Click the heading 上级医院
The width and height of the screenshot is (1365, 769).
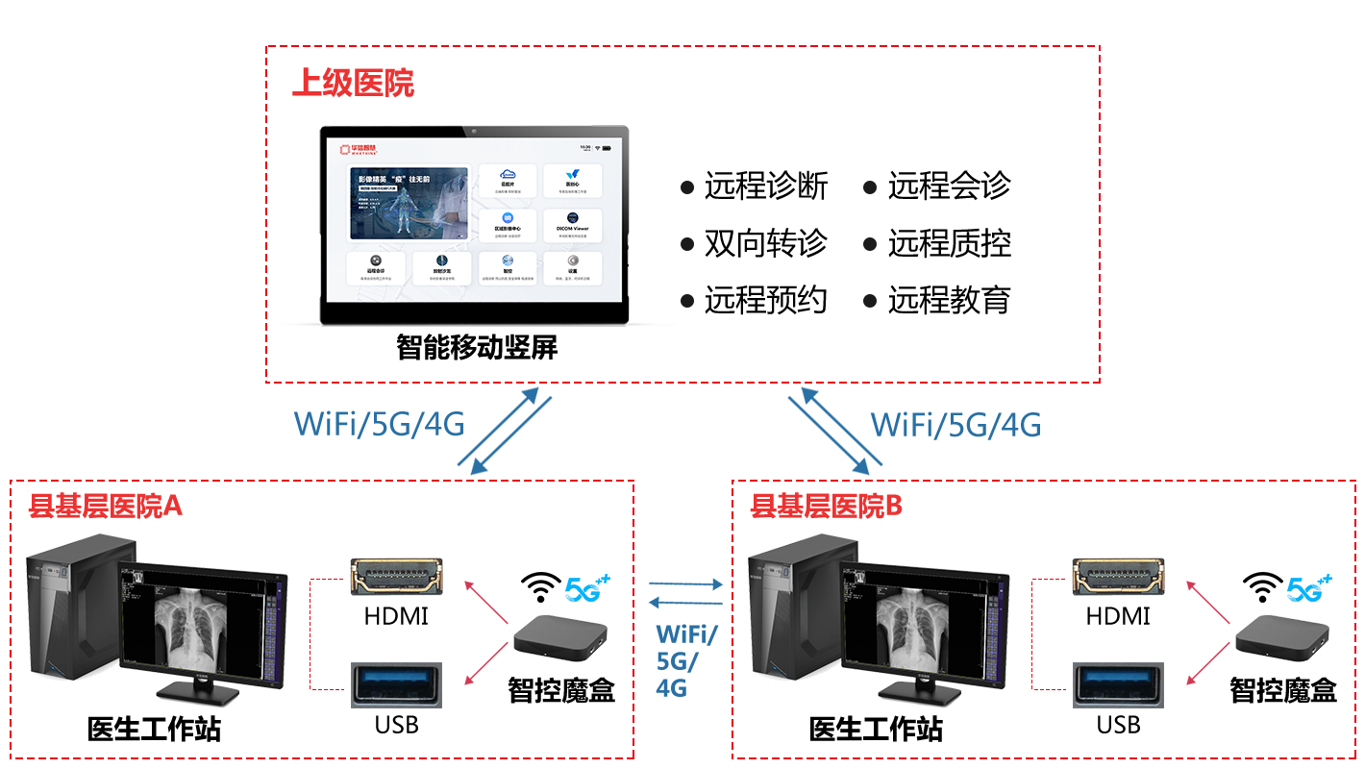(353, 84)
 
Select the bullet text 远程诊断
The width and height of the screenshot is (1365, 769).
(765, 186)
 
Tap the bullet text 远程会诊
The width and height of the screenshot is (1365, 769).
(949, 186)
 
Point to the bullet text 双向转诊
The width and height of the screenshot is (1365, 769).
(765, 243)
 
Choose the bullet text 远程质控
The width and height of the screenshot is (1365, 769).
(949, 243)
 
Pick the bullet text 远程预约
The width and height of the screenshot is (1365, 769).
(765, 301)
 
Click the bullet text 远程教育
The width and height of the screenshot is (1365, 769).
(949, 301)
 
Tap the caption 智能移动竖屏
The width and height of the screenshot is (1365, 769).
(477, 347)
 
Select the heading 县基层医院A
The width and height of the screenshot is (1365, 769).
(106, 507)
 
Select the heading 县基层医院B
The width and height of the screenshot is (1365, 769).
(827, 507)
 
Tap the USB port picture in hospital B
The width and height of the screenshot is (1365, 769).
(1118, 685)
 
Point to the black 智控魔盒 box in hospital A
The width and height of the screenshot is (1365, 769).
(560, 640)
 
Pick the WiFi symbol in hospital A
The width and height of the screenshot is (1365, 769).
(541, 586)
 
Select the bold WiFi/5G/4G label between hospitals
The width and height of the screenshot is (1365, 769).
(686, 660)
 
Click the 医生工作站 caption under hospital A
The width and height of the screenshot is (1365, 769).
(154, 730)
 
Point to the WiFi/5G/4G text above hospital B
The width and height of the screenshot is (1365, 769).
(955, 424)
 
